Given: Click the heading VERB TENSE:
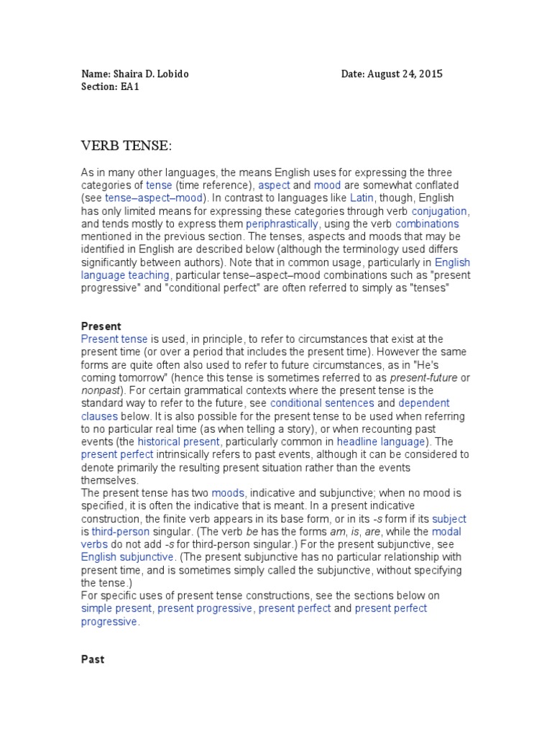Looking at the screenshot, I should point(126,147).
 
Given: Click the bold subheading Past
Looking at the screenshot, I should point(93,659).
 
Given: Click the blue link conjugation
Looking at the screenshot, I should point(439,211).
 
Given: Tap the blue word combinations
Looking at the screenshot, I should point(425,224).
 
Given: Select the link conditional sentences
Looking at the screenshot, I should point(321,403).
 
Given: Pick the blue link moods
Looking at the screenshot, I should point(228,492).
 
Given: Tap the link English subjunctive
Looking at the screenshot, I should point(126,556).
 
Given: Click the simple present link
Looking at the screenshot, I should point(116,608).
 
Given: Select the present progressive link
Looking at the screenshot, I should point(205,608).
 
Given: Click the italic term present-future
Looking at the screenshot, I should point(423,377).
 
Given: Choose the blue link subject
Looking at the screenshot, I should point(450,518).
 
